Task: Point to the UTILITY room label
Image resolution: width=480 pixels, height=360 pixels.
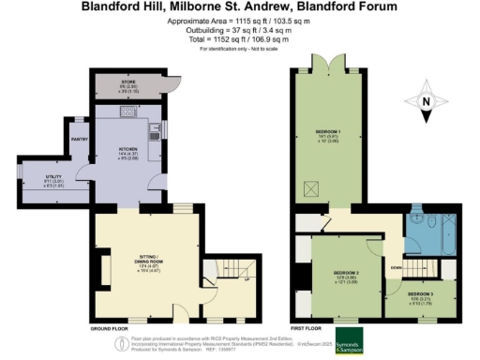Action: (45, 174)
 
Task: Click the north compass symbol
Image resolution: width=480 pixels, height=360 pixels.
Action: (427, 105)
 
